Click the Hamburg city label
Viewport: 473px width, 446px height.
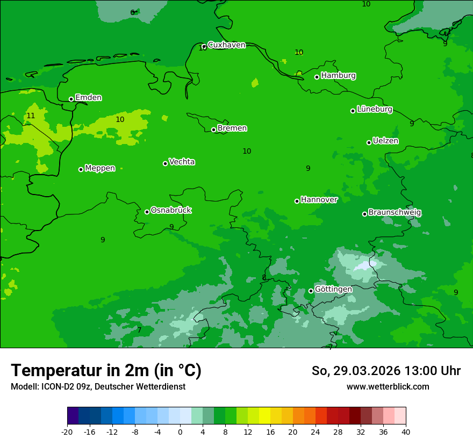(x=338, y=76)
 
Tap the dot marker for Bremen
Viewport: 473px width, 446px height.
(x=213, y=130)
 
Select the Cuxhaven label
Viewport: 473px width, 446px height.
(x=226, y=45)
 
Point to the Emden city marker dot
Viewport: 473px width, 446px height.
(x=71, y=99)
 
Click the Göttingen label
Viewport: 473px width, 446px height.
(x=333, y=289)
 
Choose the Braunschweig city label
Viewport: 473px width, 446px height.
(x=395, y=212)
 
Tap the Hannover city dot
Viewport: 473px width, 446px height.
(x=297, y=201)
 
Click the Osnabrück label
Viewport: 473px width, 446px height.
(x=170, y=210)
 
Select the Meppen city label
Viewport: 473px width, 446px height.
(x=100, y=168)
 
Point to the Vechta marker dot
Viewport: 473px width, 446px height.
(x=165, y=163)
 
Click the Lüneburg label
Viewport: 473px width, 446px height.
(x=374, y=109)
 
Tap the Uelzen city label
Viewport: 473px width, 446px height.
(x=385, y=141)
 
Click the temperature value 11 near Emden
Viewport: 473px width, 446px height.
(x=31, y=116)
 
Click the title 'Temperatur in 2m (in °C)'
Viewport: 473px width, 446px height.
(x=106, y=370)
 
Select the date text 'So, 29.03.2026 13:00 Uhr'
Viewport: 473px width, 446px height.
(x=386, y=371)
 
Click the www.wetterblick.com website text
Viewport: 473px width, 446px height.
(x=388, y=387)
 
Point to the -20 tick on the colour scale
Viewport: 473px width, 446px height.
(x=67, y=431)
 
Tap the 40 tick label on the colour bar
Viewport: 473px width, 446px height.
(x=405, y=431)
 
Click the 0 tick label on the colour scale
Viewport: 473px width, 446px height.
(x=180, y=431)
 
